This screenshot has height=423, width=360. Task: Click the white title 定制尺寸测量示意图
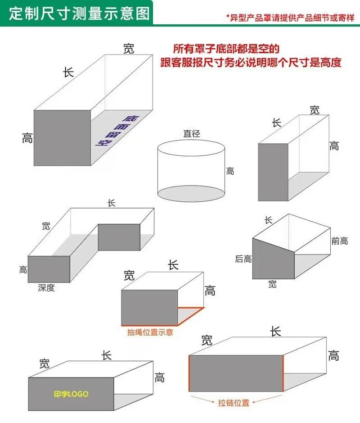point(79,13)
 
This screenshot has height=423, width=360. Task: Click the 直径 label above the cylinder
point(191,133)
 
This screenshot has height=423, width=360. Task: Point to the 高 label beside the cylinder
point(230,171)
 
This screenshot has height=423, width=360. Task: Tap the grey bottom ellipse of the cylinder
point(191,193)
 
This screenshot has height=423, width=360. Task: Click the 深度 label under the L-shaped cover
point(46,288)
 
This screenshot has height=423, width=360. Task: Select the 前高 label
point(339,241)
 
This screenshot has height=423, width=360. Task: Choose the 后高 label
point(243,259)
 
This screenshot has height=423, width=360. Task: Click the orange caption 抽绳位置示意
point(150,332)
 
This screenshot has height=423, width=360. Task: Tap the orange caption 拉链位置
point(234,403)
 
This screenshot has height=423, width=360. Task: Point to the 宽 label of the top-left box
point(129,49)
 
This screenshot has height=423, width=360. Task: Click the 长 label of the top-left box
point(68,72)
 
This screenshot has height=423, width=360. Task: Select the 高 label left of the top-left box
point(27,138)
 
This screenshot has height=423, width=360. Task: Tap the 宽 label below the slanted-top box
point(272,284)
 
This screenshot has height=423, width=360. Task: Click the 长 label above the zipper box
point(275,332)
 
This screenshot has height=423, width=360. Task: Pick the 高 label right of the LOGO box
point(159,378)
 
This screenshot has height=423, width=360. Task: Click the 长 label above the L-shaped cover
point(112,203)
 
